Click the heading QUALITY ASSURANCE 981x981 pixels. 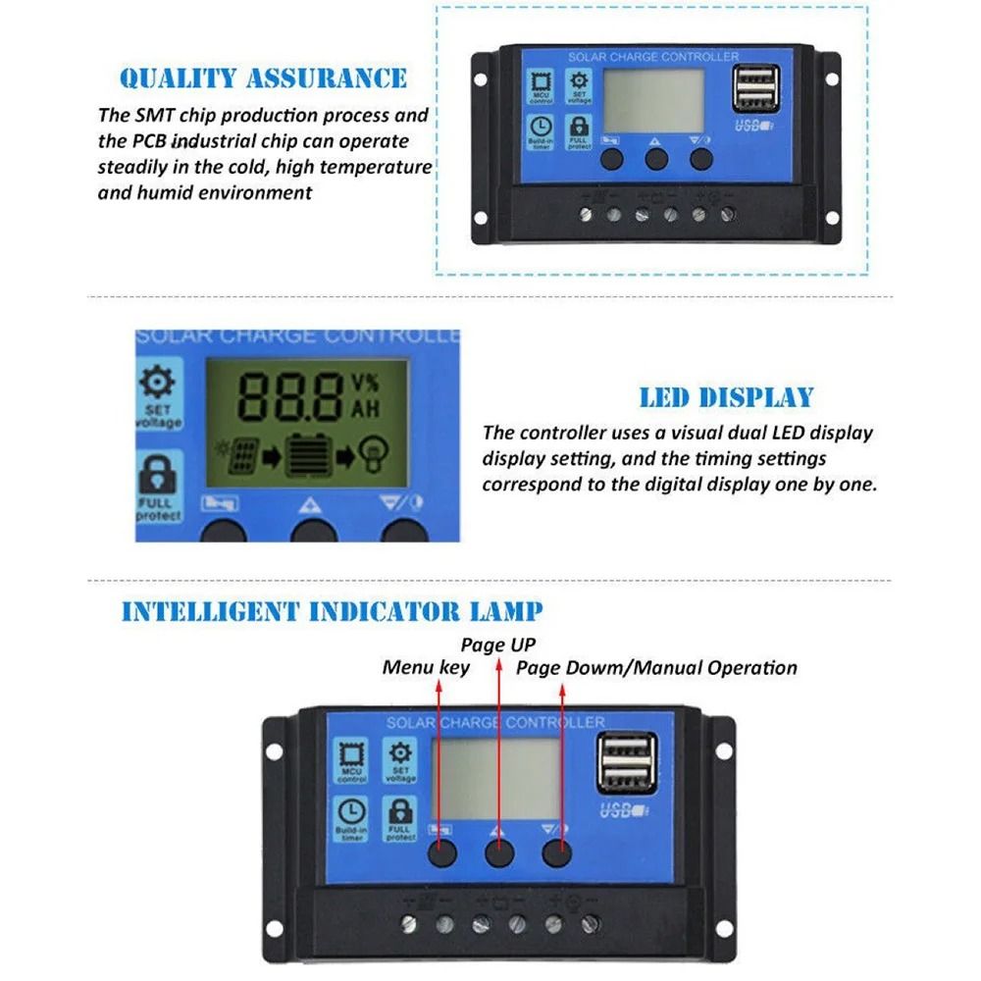point(263,78)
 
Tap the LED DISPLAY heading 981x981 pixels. point(726,397)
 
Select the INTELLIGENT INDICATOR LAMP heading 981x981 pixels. point(332,612)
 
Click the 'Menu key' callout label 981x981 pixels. point(426,668)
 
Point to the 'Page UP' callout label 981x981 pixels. point(498,645)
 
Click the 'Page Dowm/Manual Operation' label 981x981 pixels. point(656,668)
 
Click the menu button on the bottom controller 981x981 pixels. point(441,853)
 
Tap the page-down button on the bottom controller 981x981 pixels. point(557,853)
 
